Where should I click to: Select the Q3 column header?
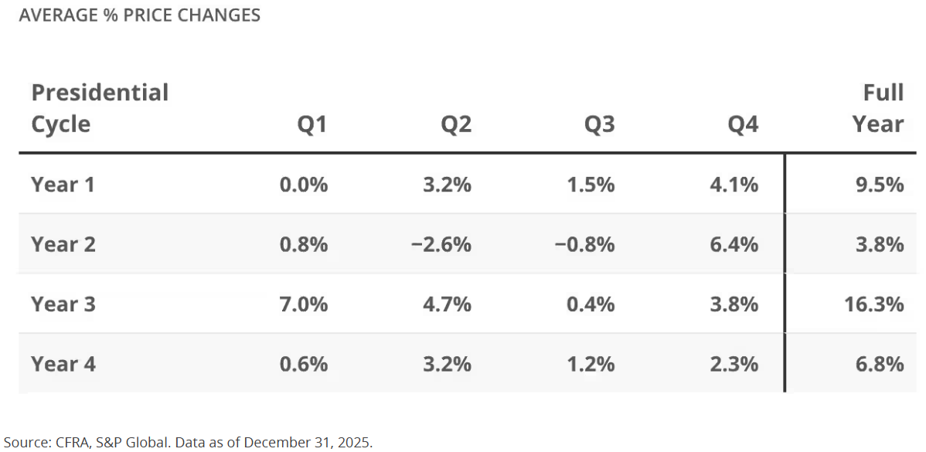click(599, 124)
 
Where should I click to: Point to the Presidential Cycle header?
click(100, 109)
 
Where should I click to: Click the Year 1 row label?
click(63, 185)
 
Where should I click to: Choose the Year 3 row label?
click(63, 304)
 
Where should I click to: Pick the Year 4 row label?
click(63, 364)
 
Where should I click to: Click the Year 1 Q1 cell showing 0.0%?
click(304, 185)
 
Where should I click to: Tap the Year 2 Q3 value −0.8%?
click(584, 244)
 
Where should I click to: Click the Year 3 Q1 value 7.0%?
click(304, 304)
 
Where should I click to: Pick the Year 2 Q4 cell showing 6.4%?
click(734, 244)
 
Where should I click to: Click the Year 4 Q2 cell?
click(447, 364)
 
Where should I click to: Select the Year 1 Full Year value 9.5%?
click(880, 185)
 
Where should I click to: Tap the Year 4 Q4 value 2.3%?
click(734, 364)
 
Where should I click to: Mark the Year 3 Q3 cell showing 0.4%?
click(591, 304)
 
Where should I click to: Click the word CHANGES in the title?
click(222, 15)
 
